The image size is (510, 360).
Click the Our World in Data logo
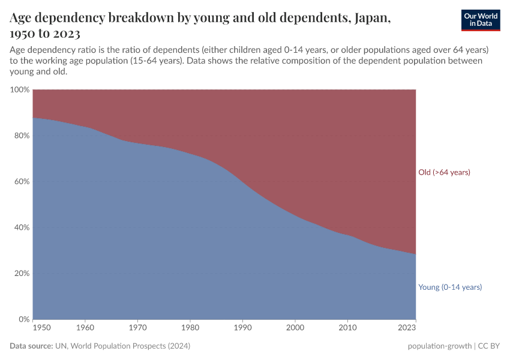click(x=480, y=20)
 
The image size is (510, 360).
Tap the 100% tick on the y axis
click(x=19, y=90)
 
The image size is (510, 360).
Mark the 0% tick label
click(x=23, y=319)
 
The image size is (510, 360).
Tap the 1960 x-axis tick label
click(x=85, y=328)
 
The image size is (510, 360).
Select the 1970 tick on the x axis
click(x=138, y=328)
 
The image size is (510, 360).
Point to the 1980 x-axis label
click(x=190, y=328)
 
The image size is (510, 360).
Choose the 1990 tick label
click(x=242, y=328)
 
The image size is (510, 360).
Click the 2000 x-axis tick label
click(x=295, y=328)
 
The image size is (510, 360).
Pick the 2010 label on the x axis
click(x=347, y=328)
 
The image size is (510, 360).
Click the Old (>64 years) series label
click(x=444, y=172)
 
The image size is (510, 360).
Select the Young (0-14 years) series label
click(x=450, y=287)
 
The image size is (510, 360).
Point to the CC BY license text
click(x=488, y=346)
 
